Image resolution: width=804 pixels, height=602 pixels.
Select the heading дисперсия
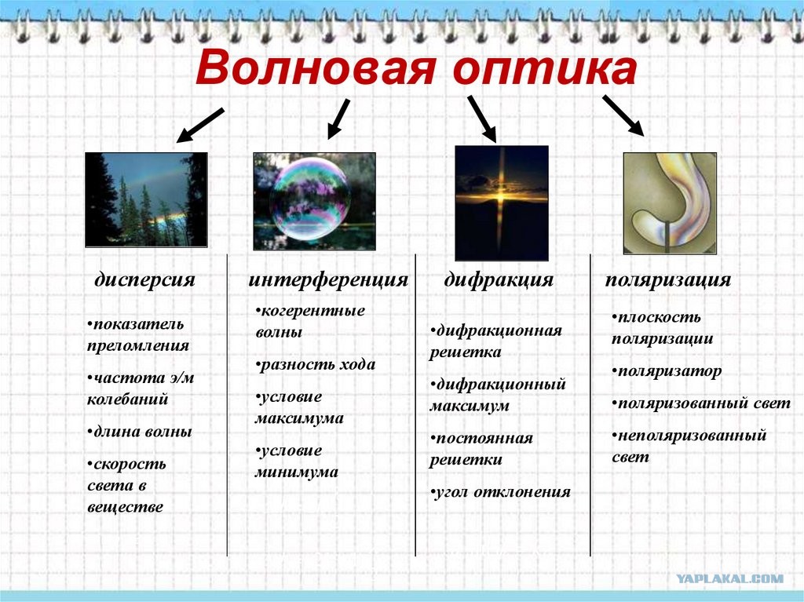144,280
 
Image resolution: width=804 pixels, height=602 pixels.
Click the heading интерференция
328,280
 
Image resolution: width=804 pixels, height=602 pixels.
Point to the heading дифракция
499,280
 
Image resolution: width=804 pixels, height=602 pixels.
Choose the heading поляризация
668,280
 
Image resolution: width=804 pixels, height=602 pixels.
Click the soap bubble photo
314,201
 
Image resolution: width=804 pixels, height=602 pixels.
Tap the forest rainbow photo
147,199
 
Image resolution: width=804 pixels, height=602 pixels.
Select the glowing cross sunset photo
502,203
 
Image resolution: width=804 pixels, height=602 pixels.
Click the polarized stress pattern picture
670,203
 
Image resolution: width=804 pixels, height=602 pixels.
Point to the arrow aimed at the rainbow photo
200,125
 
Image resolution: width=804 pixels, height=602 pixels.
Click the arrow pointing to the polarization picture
623,115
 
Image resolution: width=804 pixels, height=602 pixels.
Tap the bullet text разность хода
316,365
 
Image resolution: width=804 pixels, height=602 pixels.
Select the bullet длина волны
140,431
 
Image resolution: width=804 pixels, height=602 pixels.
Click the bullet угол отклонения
500,492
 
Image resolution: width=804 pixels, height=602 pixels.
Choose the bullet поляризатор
667,371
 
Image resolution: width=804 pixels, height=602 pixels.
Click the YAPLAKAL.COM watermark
730,579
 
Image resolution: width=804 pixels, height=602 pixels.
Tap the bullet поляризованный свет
701,403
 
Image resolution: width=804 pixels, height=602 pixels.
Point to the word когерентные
310,311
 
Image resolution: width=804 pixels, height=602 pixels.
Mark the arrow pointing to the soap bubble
338,119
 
